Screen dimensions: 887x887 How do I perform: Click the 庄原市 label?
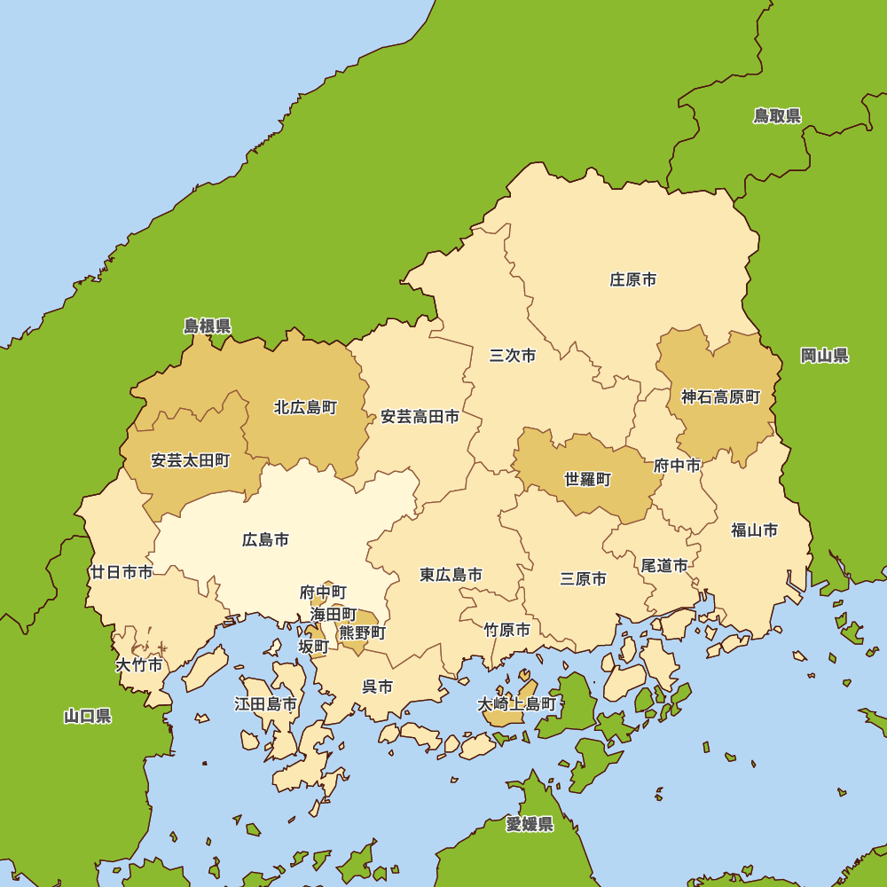point(633,279)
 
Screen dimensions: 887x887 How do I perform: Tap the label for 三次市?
point(513,356)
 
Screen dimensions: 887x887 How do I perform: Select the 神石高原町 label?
point(721,397)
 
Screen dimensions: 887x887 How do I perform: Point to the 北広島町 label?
point(305,408)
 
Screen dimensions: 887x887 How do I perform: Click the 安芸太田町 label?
point(190,460)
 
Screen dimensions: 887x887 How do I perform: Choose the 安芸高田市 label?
point(420,416)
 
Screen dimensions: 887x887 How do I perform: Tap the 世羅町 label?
point(588,479)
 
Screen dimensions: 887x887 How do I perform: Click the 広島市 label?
point(265,539)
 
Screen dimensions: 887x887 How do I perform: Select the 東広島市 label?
point(451,575)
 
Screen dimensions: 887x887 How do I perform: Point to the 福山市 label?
point(754,530)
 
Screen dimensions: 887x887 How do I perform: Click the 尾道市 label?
point(664,565)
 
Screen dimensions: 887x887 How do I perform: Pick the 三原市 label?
point(584,578)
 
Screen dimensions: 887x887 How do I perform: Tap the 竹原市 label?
point(506,630)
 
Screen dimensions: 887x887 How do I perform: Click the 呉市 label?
point(378,686)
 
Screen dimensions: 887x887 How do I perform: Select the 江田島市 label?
point(265,704)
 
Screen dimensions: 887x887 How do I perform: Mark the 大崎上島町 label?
point(517,704)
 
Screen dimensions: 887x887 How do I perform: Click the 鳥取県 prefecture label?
point(777,116)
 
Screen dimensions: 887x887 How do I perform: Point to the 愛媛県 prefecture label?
point(530,825)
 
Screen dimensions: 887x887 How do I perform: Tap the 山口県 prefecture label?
point(88,716)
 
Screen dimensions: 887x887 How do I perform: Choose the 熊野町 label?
point(363,633)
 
